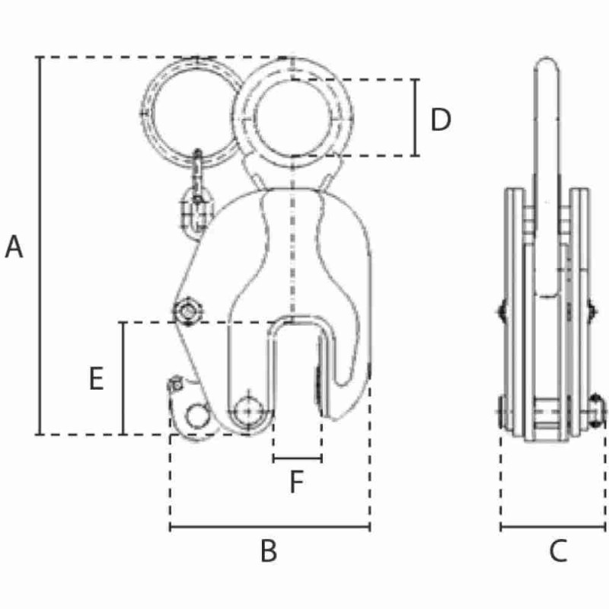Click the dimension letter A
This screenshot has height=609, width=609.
click(x=14, y=247)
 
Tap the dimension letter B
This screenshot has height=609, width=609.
click(x=268, y=551)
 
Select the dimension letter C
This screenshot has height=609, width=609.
click(x=558, y=551)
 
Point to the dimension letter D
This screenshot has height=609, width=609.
click(x=441, y=120)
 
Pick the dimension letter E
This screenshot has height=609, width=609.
click(x=96, y=378)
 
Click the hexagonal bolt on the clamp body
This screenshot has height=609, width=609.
click(x=186, y=311)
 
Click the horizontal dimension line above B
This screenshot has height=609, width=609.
click(x=269, y=526)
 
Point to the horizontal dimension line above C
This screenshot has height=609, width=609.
click(x=553, y=526)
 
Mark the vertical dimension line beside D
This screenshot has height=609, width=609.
click(x=416, y=118)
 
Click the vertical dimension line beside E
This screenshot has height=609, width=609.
click(x=123, y=378)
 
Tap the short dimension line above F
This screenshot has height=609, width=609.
click(x=297, y=459)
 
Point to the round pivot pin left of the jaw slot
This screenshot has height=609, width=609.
click(x=248, y=410)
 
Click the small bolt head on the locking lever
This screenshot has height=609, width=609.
click(x=175, y=383)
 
